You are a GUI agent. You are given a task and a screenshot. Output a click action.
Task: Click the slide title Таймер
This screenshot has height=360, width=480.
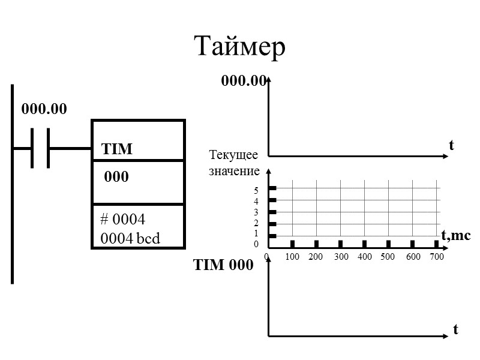point(239,47)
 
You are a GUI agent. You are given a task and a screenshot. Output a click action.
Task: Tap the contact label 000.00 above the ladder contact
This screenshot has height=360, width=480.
point(44,109)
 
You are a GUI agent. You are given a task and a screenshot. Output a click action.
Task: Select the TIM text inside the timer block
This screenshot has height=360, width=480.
point(117,149)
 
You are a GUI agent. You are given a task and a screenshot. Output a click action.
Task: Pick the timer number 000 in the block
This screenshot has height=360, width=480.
point(116,178)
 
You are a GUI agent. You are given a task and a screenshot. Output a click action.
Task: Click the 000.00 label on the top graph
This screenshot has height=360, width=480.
point(243,80)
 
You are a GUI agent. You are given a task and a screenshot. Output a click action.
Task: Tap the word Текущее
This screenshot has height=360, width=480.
point(233,155)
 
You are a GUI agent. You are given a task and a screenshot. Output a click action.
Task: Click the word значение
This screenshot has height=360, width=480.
point(234,171)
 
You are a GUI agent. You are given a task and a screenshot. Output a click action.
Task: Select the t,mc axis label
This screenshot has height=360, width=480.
point(455,236)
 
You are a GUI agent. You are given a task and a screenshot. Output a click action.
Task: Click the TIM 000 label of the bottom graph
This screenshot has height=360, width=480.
point(223,265)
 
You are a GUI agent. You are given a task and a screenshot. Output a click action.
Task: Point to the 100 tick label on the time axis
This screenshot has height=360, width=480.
point(292,257)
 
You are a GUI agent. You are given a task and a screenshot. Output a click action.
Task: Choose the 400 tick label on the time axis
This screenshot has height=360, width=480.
point(364,257)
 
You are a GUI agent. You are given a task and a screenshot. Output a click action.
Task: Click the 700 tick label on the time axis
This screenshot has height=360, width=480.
point(436,257)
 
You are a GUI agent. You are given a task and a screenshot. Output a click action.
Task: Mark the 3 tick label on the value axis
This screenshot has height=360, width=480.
point(256,212)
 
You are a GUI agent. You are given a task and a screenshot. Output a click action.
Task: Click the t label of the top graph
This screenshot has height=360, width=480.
point(451,145)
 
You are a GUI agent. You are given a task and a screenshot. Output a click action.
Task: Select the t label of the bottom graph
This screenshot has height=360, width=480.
point(455,329)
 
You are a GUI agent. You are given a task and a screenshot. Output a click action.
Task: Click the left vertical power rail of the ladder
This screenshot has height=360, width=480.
point(12,183)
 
